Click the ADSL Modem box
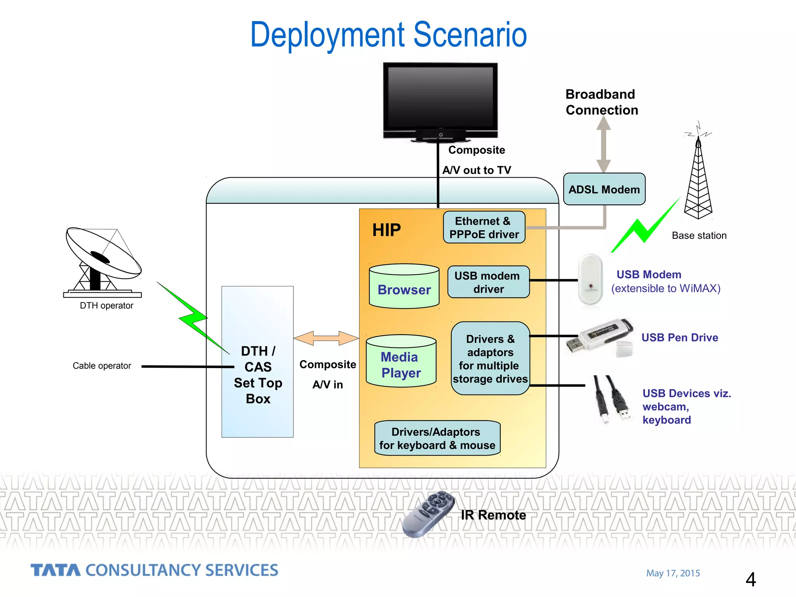point(604,189)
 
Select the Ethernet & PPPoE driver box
point(484,227)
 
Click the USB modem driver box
point(488,282)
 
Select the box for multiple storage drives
point(490,358)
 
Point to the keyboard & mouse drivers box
point(437,438)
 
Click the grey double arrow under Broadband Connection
point(603,145)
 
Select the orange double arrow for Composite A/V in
point(326,338)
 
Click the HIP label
point(386,230)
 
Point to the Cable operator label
point(102,366)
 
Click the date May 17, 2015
point(673,573)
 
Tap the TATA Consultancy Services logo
point(154,570)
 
